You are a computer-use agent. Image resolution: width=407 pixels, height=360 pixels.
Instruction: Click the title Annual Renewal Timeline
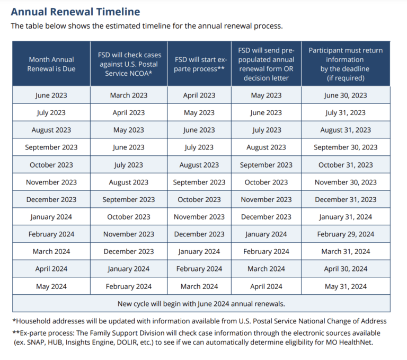click(x=75, y=12)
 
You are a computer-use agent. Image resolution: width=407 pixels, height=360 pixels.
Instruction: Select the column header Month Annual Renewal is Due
click(x=51, y=64)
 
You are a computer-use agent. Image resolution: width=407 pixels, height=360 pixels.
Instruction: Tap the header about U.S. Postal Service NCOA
click(x=129, y=64)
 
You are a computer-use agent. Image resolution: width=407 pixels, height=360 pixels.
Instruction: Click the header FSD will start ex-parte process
click(x=199, y=64)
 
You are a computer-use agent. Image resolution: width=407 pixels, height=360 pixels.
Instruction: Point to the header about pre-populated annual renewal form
click(x=267, y=64)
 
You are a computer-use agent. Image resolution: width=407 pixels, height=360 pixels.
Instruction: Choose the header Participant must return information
click(x=346, y=64)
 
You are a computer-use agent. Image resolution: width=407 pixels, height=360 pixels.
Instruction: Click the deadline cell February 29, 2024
click(x=346, y=234)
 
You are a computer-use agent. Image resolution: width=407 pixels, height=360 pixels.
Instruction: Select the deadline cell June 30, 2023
click(x=346, y=95)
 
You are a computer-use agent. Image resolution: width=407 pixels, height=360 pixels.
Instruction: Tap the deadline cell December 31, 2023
click(x=346, y=199)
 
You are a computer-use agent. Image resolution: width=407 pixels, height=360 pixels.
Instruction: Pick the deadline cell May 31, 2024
click(x=346, y=286)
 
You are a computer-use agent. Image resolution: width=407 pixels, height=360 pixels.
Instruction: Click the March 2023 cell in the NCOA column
click(x=129, y=95)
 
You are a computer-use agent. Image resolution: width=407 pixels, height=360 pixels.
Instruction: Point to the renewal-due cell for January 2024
click(x=51, y=217)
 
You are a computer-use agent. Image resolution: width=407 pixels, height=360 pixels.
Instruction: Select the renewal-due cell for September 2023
click(x=51, y=147)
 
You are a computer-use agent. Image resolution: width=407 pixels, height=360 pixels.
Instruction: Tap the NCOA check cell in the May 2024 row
click(x=129, y=286)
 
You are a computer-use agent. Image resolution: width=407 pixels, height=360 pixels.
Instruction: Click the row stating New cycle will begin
click(x=201, y=304)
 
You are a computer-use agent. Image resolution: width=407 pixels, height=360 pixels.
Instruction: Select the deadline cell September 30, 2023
click(x=346, y=147)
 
